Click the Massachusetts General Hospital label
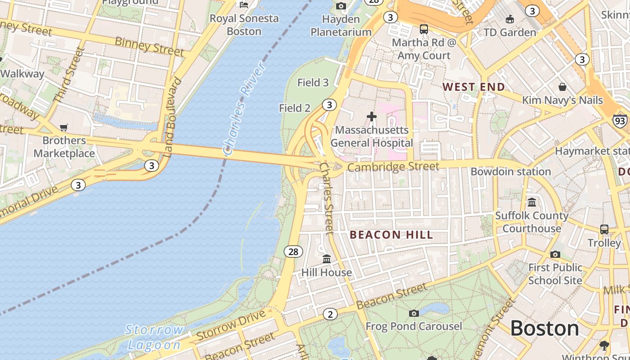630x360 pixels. [x=372, y=136]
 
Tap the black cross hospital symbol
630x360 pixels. [x=372, y=117]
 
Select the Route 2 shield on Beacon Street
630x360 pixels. [x=330, y=315]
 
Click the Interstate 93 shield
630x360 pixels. [x=620, y=121]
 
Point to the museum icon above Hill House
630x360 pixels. [x=327, y=259]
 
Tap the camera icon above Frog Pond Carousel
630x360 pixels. [x=414, y=313]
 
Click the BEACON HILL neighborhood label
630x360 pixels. [x=391, y=235]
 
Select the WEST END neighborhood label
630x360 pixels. [x=473, y=87]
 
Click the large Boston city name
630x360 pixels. [x=544, y=328]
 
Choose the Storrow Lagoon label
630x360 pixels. [x=154, y=337]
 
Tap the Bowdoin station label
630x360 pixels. [x=511, y=171]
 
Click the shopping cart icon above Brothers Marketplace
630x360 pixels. [x=64, y=128]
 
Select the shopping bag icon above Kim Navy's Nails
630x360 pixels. [x=562, y=87]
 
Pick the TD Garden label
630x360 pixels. [x=509, y=32]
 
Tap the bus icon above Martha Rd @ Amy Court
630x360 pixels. [x=424, y=29]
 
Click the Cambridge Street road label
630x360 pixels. [x=393, y=167]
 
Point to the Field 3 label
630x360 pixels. [x=313, y=82]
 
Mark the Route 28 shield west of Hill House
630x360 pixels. [x=293, y=252]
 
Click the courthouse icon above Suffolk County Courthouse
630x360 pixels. [x=532, y=202]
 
